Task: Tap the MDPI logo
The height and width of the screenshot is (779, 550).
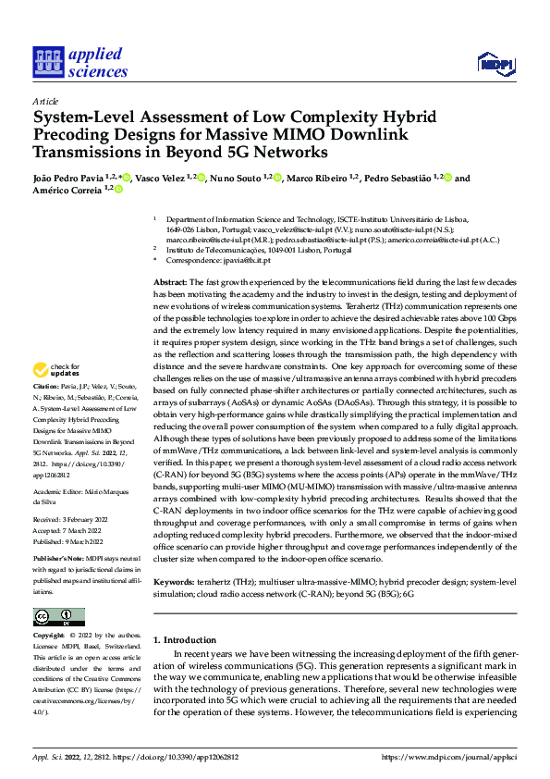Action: [495, 62]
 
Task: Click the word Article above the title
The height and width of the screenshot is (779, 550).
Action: [45, 101]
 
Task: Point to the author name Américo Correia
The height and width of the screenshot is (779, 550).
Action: [67, 189]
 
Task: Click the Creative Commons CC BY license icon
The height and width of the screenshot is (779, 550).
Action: [59, 616]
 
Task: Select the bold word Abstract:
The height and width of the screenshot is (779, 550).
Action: [171, 281]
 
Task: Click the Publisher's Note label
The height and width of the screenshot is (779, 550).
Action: [58, 561]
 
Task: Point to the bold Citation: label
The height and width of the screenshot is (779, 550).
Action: [45, 410]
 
